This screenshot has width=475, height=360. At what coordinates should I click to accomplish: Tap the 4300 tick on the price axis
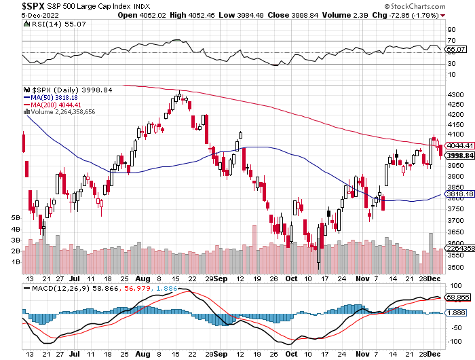tap(457, 94)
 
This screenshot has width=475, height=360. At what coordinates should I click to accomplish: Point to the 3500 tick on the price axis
tap(457, 267)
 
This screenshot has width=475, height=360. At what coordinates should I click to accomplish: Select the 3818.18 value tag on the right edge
tap(459, 194)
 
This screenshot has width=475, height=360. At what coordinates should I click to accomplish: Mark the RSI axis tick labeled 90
tap(451, 30)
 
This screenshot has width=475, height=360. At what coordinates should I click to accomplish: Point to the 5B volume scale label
tap(15, 218)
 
